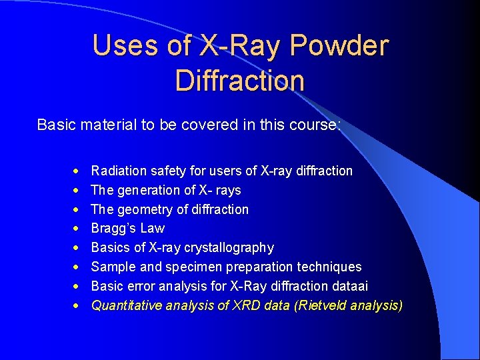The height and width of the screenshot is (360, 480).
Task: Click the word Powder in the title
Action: [340, 45]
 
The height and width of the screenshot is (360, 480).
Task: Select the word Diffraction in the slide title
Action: [240, 80]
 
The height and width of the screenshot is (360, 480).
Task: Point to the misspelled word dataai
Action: [349, 287]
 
